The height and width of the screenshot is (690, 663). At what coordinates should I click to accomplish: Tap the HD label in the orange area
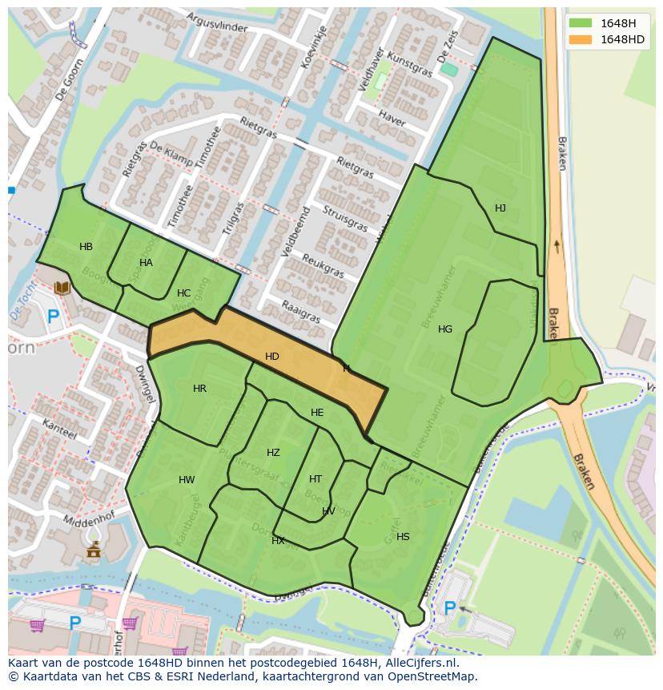click(x=272, y=357)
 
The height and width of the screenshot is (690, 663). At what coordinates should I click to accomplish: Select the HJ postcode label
click(x=500, y=208)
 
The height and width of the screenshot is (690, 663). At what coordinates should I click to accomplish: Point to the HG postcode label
click(x=445, y=329)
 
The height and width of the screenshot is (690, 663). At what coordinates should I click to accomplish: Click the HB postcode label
click(x=86, y=247)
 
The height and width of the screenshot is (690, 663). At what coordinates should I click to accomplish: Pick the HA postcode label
click(x=146, y=263)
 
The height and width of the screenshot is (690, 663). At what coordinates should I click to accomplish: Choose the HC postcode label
click(x=183, y=293)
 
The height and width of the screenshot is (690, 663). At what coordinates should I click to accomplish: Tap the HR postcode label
click(x=199, y=389)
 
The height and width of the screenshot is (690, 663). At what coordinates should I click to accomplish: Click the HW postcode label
click(x=187, y=481)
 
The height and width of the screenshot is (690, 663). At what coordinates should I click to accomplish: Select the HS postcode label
click(x=403, y=537)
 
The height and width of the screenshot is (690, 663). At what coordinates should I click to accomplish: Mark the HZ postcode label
click(x=273, y=453)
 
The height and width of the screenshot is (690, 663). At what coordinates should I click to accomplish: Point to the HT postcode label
click(x=315, y=479)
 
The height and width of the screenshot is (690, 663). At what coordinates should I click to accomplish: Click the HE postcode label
click(x=317, y=413)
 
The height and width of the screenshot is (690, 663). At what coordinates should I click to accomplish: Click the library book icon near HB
click(x=62, y=287)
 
